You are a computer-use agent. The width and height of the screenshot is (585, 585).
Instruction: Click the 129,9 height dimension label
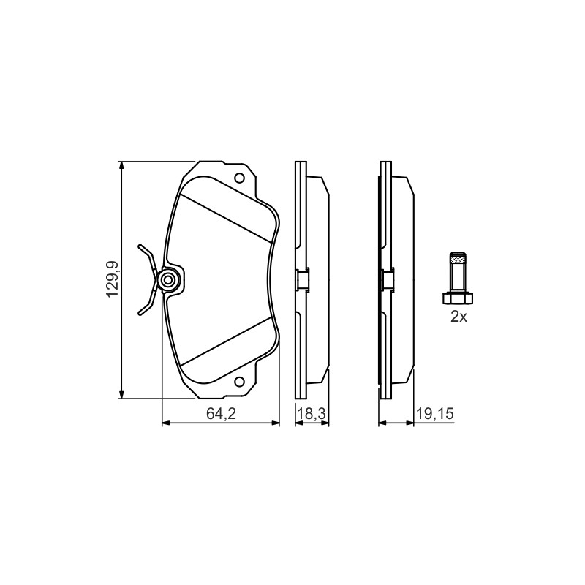click(x=113, y=279)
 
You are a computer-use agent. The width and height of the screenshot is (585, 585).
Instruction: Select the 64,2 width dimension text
click(x=222, y=413)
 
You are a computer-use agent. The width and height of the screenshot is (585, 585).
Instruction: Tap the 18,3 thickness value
click(x=312, y=413)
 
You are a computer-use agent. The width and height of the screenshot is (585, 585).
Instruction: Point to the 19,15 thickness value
click(x=435, y=413)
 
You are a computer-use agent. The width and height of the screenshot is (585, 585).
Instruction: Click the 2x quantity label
click(x=458, y=317)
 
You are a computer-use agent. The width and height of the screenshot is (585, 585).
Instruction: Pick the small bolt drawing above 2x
click(x=458, y=278)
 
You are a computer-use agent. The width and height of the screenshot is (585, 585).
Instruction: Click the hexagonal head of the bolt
click(x=458, y=298)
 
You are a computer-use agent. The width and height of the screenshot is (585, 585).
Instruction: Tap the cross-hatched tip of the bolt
click(x=458, y=257)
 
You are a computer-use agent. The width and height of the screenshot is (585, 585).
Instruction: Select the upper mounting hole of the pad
click(x=239, y=178)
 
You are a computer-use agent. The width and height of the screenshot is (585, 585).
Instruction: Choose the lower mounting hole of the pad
click(x=239, y=381)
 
